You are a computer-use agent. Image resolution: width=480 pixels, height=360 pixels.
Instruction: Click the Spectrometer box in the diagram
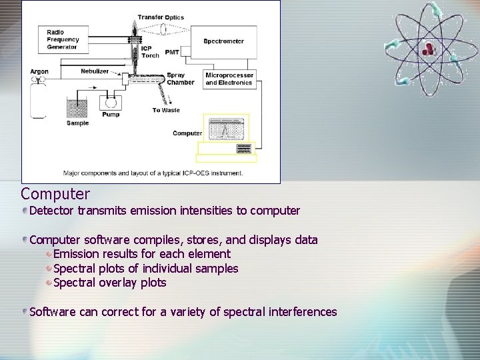point(224,41)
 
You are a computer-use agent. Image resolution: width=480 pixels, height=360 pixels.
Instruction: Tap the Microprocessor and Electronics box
point(229,79)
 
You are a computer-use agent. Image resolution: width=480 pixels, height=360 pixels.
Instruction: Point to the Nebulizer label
point(95,70)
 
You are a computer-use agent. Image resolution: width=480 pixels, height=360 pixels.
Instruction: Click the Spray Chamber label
point(180,79)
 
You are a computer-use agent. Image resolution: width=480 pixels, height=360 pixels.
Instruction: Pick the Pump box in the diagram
point(111,103)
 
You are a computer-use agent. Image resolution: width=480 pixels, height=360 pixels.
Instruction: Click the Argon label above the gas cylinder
point(39,72)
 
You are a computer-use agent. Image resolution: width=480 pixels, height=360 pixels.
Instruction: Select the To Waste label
point(166,110)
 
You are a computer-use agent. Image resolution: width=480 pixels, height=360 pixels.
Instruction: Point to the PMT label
point(172,51)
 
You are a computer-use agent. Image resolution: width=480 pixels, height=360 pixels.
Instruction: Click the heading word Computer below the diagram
point(55,194)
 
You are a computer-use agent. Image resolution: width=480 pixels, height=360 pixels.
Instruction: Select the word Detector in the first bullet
point(52,211)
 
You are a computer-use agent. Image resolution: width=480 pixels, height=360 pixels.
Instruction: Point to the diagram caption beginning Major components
point(153,173)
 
